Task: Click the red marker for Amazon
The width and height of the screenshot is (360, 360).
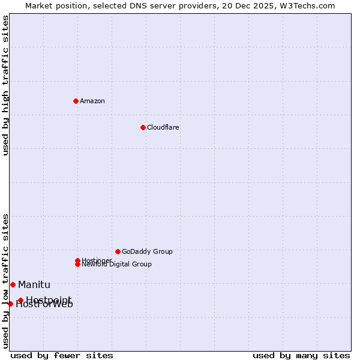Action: click(x=76, y=101)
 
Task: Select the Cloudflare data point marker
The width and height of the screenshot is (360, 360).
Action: click(x=143, y=127)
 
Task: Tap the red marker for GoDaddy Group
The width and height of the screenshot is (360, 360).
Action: click(x=118, y=251)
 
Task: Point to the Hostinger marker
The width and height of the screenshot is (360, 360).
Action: click(x=77, y=260)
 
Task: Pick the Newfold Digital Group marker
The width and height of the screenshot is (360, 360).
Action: click(x=77, y=265)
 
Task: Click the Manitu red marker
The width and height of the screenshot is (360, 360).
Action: click(x=13, y=284)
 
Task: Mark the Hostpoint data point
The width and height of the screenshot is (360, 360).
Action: click(x=20, y=300)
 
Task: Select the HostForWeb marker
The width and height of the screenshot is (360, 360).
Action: click(x=10, y=304)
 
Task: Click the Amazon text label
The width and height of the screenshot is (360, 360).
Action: click(x=92, y=101)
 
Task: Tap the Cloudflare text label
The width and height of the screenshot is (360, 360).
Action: click(x=163, y=127)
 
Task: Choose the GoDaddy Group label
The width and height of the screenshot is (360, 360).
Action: click(x=147, y=251)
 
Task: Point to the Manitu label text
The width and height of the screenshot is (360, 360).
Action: click(x=34, y=284)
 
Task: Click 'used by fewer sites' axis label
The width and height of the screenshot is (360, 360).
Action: click(x=62, y=355)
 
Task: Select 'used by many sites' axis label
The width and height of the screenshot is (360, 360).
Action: click(x=301, y=355)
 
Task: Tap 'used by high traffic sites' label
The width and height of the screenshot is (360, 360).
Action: click(x=6, y=85)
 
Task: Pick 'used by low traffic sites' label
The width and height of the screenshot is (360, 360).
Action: click(x=6, y=280)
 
